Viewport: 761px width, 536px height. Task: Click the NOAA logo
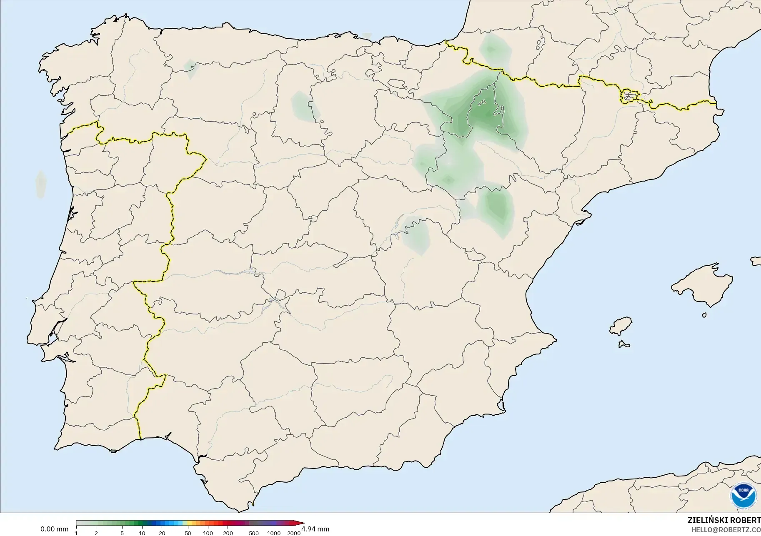[x=743, y=495]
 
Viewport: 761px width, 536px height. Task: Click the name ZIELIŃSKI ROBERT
[x=724, y=521]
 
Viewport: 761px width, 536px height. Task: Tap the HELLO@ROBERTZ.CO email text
[x=726, y=530]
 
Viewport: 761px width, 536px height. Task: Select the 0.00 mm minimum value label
[x=54, y=529]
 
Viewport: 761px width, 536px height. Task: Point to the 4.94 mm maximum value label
[x=316, y=529]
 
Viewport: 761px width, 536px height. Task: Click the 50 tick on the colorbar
[x=188, y=533]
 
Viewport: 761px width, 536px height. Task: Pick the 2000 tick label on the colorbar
[x=294, y=533]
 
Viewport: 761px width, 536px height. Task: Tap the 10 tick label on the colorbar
[x=142, y=533]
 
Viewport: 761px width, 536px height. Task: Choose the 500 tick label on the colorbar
[x=253, y=533]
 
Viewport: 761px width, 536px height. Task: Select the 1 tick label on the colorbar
[x=76, y=533]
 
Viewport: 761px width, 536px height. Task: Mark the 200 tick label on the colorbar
[x=228, y=533]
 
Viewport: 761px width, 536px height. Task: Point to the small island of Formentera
[x=624, y=344]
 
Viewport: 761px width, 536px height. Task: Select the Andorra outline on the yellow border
[x=629, y=96]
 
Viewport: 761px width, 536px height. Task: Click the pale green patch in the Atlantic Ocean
[x=40, y=184]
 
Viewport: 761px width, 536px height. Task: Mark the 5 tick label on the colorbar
[x=122, y=533]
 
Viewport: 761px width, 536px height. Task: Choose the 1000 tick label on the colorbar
[x=274, y=533]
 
